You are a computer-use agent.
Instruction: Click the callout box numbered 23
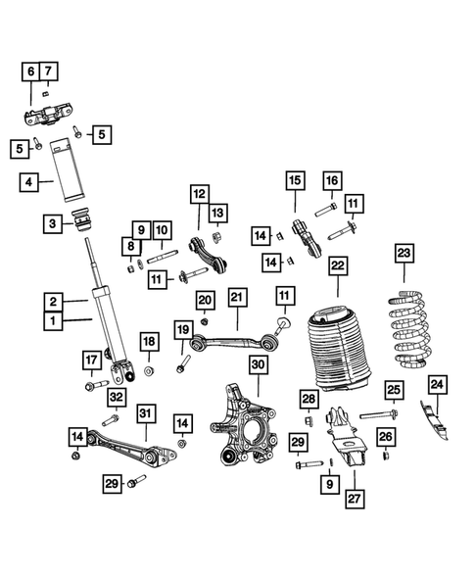coord(404,253)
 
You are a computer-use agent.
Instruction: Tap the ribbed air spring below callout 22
coord(339,349)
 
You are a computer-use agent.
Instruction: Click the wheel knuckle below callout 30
coord(244,424)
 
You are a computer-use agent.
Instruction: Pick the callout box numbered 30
coord(258,364)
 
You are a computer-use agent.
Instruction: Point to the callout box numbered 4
coord(28,182)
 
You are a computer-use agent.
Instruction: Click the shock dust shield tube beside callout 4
coord(67,169)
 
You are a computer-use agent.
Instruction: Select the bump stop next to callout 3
coord(81,220)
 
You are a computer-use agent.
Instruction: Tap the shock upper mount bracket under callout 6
coord(47,115)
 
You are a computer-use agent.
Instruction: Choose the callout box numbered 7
coord(49,71)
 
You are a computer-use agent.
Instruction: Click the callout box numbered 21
coord(237,298)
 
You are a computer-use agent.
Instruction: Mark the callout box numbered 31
coord(146,413)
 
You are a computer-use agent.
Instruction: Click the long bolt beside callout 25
coord(379,415)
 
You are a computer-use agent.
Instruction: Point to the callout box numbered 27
coord(355,499)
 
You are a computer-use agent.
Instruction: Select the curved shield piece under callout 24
coord(435,420)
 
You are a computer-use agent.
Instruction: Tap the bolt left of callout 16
coord(325,210)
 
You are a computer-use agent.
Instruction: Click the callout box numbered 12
coord(200,194)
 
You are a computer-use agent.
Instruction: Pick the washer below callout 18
coord(149,371)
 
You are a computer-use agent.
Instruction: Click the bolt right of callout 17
coord(97,386)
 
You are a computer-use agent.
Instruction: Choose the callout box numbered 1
coord(53,321)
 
